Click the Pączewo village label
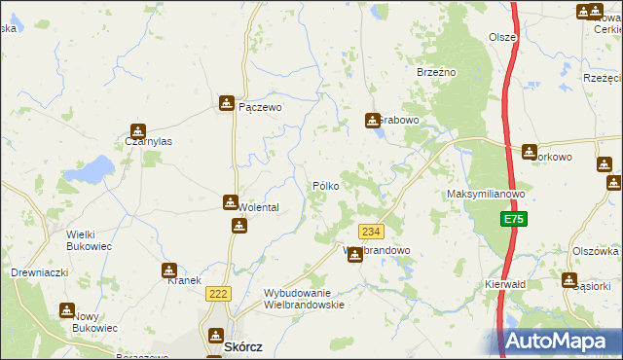click(x=260, y=108)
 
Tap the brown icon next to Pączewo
click(x=227, y=102)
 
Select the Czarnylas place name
click(x=149, y=141)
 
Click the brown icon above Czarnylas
click(x=138, y=130)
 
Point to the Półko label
click(x=325, y=185)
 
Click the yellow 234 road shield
click(x=370, y=231)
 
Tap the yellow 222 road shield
click(x=217, y=293)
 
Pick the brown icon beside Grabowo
click(x=372, y=121)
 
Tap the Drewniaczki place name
click(x=39, y=273)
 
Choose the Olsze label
click(x=502, y=37)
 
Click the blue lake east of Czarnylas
click(x=93, y=170)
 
